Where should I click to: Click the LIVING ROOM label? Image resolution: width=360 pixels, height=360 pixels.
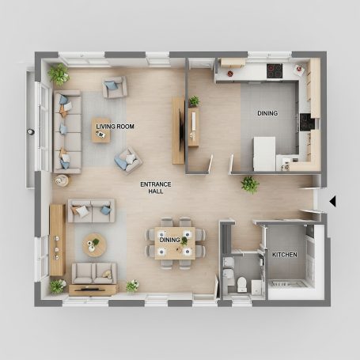(x=115, y=126)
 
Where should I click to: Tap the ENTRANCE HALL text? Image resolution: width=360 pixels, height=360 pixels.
(x=156, y=188)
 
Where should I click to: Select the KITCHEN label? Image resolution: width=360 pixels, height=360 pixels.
(x=285, y=255)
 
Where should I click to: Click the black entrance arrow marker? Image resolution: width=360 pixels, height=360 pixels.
(x=332, y=201)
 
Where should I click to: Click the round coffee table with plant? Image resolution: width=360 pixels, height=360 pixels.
(x=94, y=244)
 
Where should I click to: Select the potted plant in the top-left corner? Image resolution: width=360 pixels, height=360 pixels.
(x=58, y=74)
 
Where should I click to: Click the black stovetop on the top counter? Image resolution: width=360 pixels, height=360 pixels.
(x=275, y=70)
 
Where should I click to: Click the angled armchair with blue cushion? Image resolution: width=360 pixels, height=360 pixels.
(x=127, y=161)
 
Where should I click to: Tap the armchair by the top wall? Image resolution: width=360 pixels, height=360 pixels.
(x=114, y=87)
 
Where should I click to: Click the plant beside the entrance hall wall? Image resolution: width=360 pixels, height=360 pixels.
(x=250, y=184)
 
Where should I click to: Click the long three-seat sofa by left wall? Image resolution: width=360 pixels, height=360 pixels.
(x=67, y=131)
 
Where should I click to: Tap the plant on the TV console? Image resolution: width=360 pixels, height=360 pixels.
(x=194, y=101)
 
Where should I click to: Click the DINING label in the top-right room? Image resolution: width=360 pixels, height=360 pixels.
(x=267, y=113)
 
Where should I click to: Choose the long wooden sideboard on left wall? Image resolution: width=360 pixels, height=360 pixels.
(x=57, y=240)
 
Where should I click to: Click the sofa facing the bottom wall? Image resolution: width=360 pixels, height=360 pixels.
(x=94, y=273)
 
